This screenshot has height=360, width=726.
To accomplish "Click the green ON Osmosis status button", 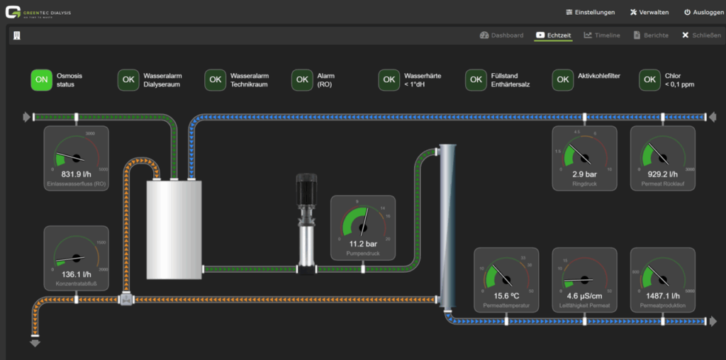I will [42, 80].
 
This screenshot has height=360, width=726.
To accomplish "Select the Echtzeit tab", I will [554, 35].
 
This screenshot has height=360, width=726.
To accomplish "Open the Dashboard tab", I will [501, 35].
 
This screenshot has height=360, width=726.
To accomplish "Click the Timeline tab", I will [602, 35].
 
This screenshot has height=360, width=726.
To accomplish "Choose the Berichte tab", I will [651, 35].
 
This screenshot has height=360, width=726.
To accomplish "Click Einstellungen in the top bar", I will [591, 12].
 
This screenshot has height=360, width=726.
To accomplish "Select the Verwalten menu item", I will [649, 12].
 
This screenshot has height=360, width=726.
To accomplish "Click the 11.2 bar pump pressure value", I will [363, 244].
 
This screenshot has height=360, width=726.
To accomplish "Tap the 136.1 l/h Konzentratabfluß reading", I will [77, 274].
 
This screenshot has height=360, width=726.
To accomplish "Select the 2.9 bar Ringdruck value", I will [584, 174].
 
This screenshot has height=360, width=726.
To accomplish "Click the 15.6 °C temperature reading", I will [506, 296].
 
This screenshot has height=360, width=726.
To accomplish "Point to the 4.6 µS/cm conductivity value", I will [584, 296].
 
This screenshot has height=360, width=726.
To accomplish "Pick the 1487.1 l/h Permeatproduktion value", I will [662, 296].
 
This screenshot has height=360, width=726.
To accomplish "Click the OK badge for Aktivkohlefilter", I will [563, 80].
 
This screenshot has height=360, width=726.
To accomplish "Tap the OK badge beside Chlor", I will [649, 80].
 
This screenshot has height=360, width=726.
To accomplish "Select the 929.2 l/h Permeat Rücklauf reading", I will [662, 174].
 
